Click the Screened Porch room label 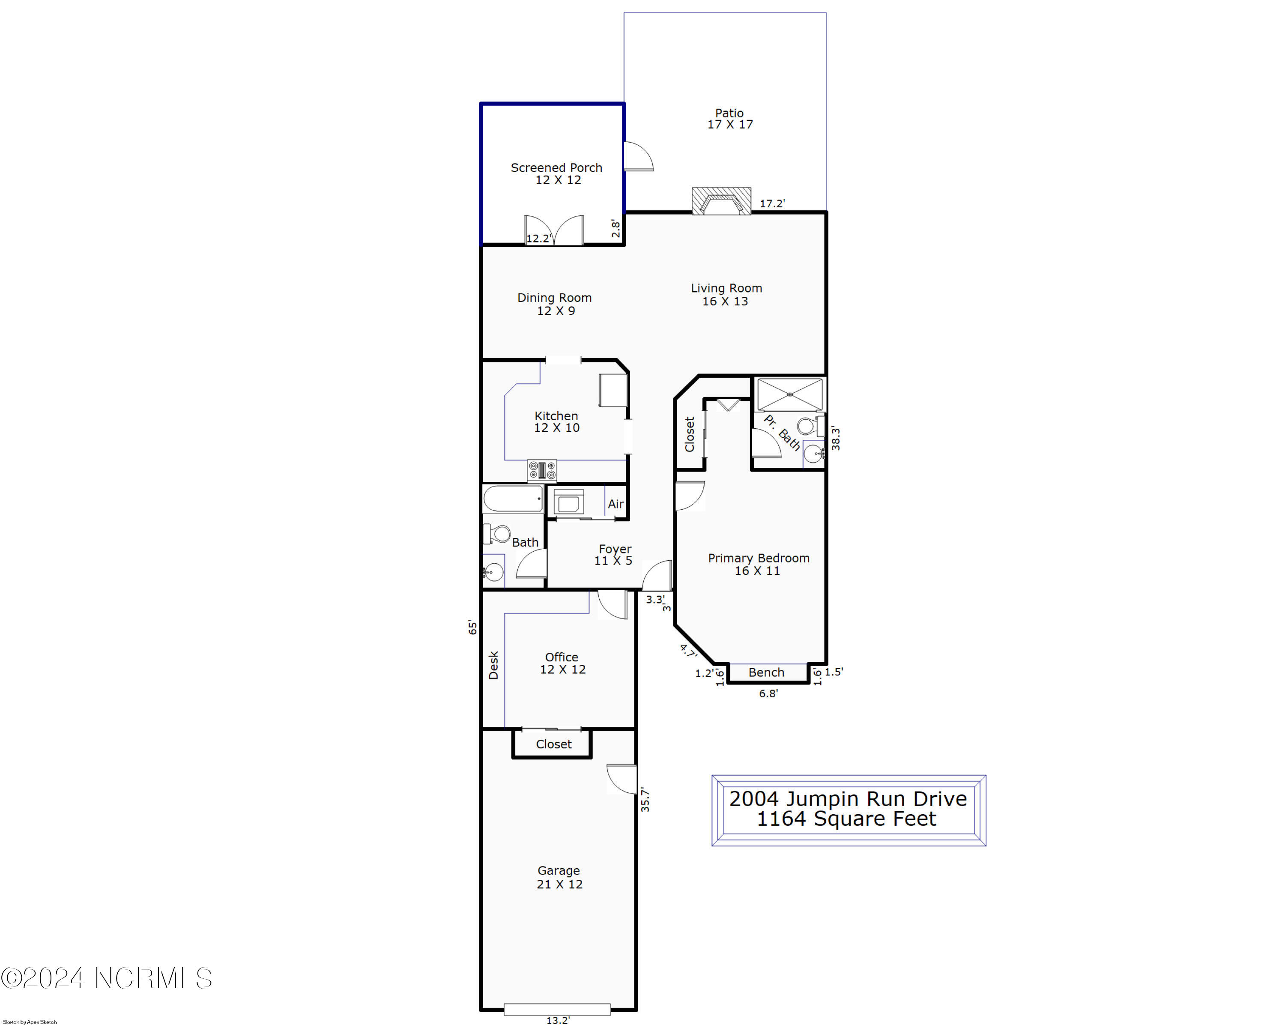point(557,173)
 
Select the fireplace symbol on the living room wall point(721,201)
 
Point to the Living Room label point(726,294)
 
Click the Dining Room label point(554,304)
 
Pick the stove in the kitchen point(542,470)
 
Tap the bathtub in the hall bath point(513,499)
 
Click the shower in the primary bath point(790,394)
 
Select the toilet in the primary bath point(810,426)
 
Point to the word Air point(616,504)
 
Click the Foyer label point(614,555)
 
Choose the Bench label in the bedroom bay point(766,672)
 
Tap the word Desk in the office point(493,665)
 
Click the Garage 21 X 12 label point(559,877)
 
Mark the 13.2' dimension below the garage point(558,1020)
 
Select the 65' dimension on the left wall point(472,627)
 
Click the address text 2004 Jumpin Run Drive point(848,798)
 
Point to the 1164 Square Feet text point(846,819)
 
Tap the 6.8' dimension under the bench point(768,693)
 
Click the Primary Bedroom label point(759,565)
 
